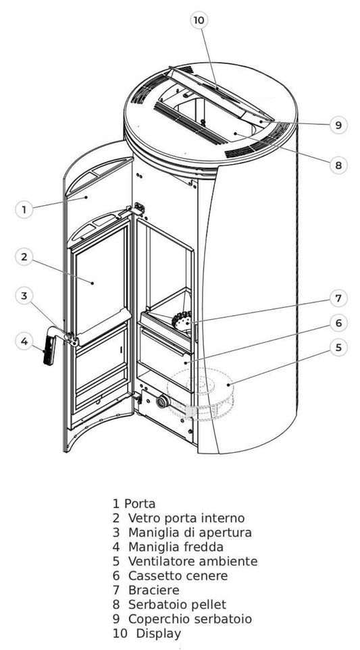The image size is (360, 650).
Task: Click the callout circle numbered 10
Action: pos(199,20)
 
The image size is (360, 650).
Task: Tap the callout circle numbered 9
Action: pos(338,125)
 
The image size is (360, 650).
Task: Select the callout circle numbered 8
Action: pos(338,165)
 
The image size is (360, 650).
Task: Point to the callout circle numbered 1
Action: pos(24,209)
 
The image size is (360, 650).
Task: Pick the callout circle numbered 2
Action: pos(24,257)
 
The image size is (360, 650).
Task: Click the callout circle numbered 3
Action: pos(24,296)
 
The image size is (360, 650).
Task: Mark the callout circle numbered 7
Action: pos(338,298)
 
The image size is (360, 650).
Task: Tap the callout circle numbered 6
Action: pos(338,323)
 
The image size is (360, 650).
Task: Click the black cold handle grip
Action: pos(49,350)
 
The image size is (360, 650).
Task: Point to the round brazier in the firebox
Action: pos(182,321)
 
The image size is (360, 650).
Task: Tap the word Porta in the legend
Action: pos(140,504)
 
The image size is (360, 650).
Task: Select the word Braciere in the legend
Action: pos(154,589)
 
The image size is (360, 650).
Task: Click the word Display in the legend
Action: pos(159,634)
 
